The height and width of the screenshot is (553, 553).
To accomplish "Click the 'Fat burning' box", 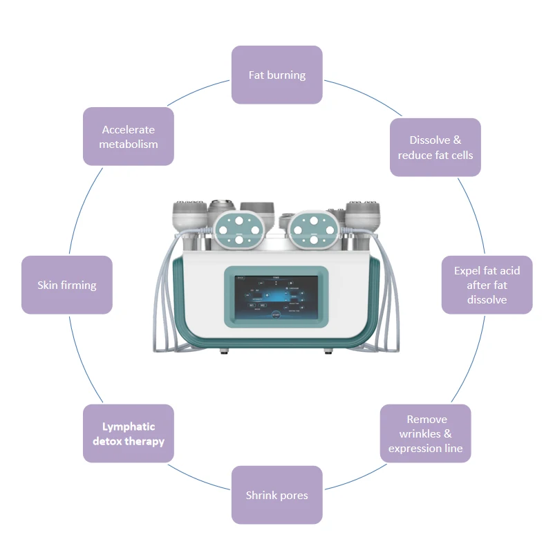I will click(276, 75).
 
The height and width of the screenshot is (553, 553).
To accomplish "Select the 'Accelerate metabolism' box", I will click(128, 136).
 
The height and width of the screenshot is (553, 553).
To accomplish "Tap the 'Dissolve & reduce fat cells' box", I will click(435, 147).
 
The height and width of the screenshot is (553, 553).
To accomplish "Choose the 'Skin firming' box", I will click(67, 285).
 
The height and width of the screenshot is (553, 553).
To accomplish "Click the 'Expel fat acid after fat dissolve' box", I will click(487, 285).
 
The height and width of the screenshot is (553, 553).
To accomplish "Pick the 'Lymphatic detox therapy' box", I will click(128, 433).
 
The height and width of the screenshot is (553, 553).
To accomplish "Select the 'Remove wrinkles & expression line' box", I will click(426, 433).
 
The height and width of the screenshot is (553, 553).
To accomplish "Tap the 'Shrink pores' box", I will click(276, 495).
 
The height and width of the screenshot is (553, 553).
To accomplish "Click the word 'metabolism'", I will click(128, 144).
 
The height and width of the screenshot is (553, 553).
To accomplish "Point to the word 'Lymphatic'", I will click(129, 427).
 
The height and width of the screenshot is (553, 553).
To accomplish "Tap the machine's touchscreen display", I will click(276, 297).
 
